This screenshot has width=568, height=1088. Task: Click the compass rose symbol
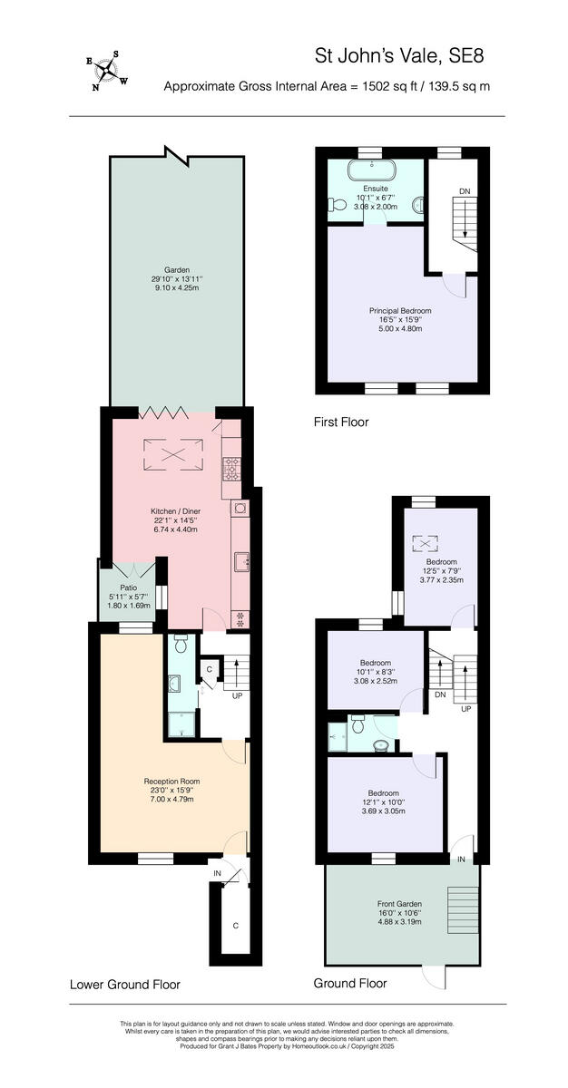coord(107,71)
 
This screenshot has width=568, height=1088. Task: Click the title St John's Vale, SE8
coord(399,56)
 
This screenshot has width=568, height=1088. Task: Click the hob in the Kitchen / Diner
coord(230,469)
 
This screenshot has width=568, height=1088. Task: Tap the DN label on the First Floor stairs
coord(465,191)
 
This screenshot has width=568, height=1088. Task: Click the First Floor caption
coord(341,422)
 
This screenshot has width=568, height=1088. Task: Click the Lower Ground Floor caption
coord(125,984)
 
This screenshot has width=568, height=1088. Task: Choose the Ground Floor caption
coord(350,983)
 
